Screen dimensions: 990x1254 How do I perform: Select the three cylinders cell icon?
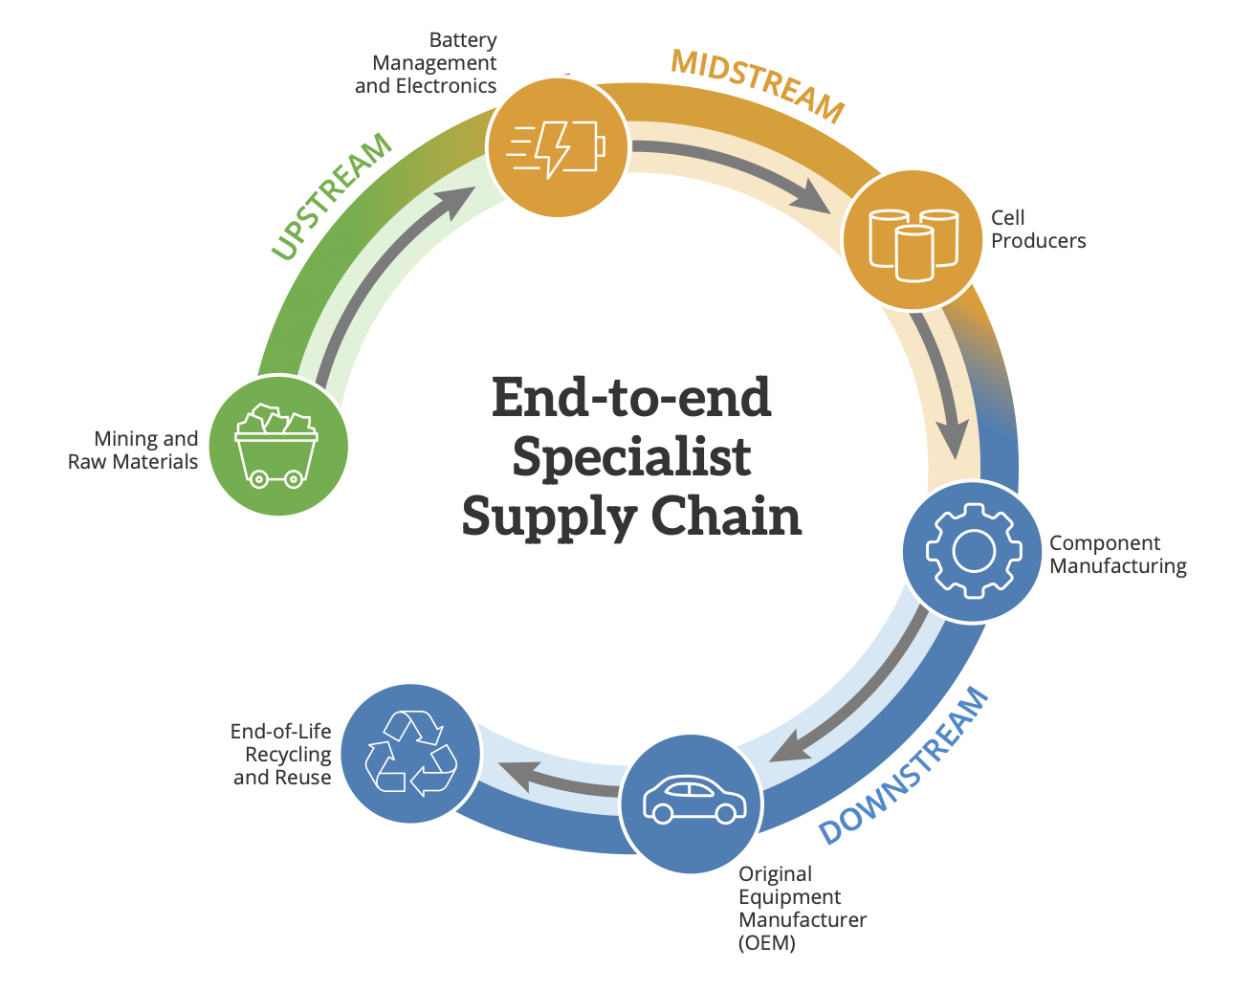pos(913,243)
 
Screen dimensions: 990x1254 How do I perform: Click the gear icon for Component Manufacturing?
pos(973,552)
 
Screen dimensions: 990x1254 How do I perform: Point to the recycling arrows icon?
pos(411,753)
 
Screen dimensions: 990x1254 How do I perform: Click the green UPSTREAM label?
pos(331,195)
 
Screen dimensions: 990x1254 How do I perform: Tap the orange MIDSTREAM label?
pos(758,84)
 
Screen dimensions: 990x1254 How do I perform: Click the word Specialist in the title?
pos(631,457)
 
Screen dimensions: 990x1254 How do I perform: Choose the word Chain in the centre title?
pos(727,517)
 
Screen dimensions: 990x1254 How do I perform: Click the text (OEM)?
pos(767,943)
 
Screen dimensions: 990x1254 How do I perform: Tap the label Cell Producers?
pos(1038,230)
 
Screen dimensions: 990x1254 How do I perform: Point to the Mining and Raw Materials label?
pos(133,451)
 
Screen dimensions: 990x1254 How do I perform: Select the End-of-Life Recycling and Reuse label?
pos(281,755)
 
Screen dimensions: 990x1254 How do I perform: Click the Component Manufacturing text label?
pos(1117,555)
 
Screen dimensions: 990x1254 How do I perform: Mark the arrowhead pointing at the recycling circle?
pos(509,771)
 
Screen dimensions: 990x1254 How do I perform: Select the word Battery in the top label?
pos(463,40)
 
